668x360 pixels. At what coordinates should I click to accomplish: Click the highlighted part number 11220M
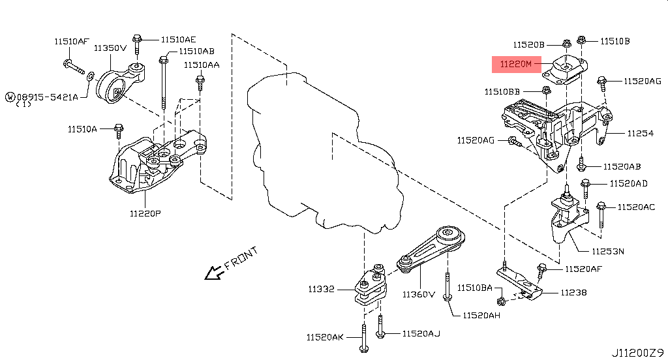[516, 65]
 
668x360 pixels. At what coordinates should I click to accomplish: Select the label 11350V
[110, 48]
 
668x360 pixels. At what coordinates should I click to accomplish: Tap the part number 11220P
[145, 213]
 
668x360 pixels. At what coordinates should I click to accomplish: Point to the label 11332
[321, 290]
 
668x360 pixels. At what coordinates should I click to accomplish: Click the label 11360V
[419, 294]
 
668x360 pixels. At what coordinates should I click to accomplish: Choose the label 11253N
[608, 251]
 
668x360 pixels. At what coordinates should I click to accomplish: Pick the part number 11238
[573, 293]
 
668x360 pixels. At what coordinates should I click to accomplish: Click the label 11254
[641, 133]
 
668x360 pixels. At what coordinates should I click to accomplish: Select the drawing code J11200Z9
[638, 353]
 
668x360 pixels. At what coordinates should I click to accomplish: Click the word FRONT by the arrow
[241, 258]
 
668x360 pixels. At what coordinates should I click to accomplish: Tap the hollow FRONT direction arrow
[214, 272]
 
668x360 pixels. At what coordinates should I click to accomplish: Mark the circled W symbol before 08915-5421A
[10, 97]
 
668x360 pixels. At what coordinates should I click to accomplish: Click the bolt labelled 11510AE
[137, 44]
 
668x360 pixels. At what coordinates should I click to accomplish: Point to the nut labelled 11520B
[567, 44]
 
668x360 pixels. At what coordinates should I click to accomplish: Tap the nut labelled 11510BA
[501, 302]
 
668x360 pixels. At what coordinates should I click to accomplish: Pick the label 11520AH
[481, 315]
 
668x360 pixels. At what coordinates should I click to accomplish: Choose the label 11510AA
[202, 65]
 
